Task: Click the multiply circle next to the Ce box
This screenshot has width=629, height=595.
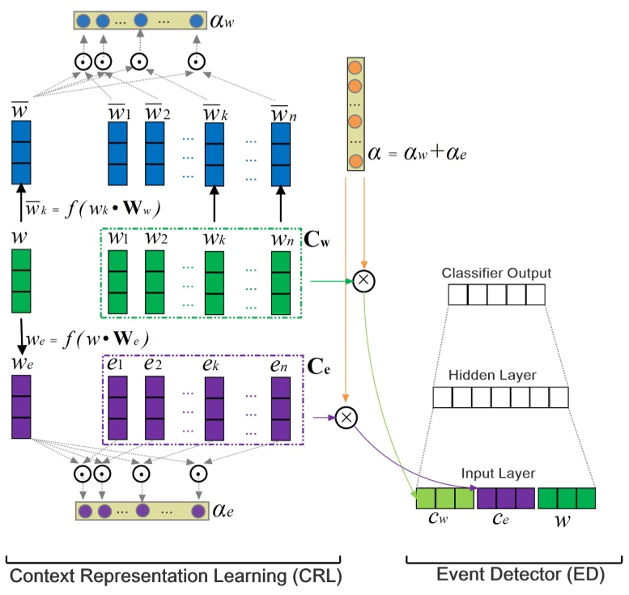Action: [346, 417]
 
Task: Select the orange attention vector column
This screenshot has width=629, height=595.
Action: [355, 113]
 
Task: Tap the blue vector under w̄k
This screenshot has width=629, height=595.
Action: [215, 153]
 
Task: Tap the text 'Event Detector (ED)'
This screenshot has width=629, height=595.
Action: [514, 576]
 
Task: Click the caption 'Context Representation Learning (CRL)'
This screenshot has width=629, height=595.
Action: [172, 576]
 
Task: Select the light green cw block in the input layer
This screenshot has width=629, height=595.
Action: [444, 498]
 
